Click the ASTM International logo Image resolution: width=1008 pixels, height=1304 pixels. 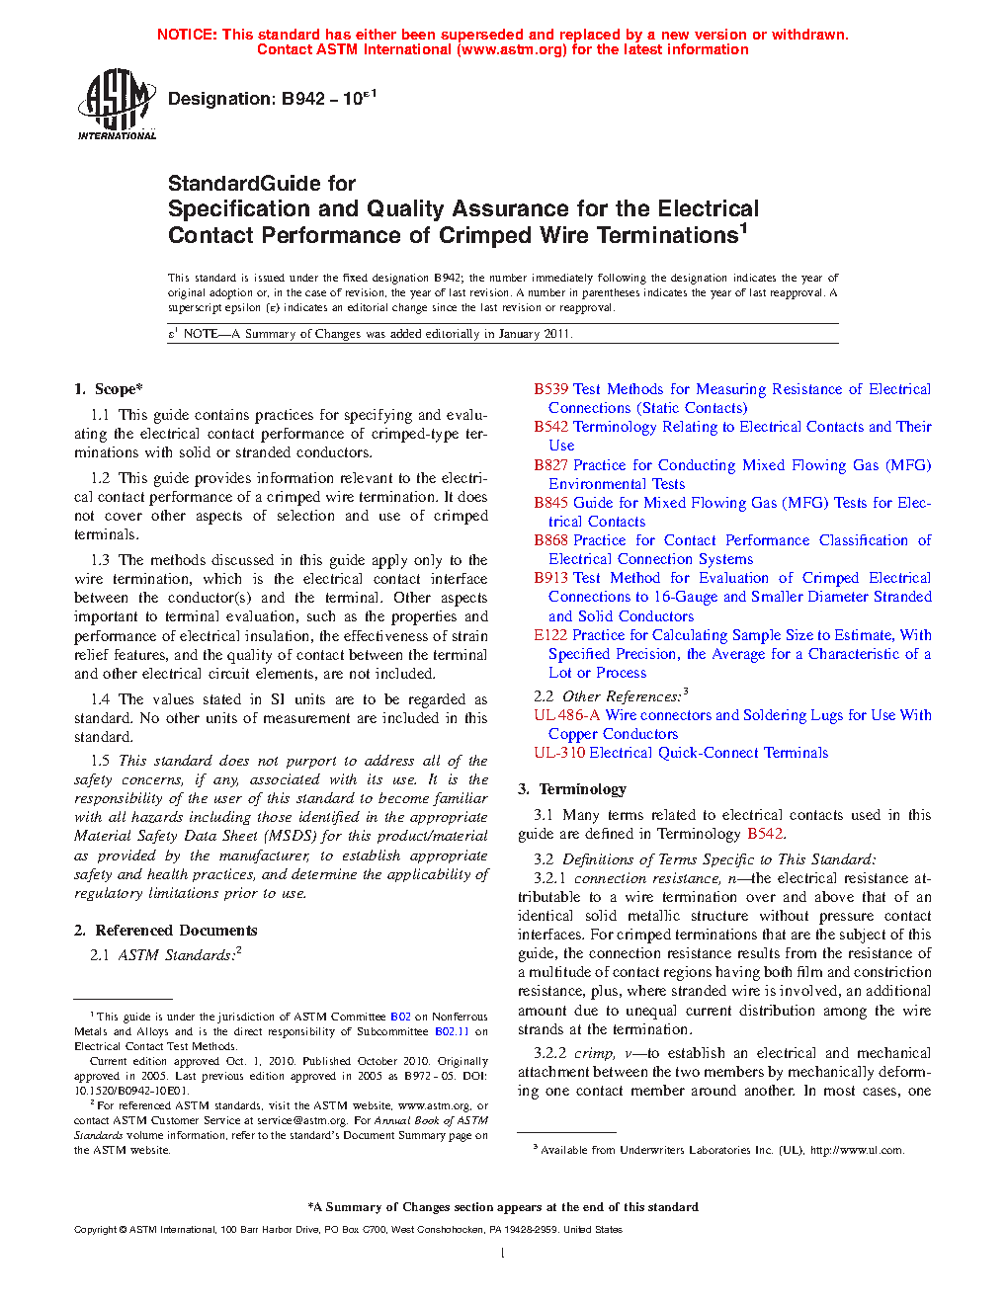click(x=117, y=103)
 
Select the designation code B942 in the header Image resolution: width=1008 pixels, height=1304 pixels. click(x=303, y=99)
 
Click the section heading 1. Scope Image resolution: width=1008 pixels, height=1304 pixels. click(x=109, y=389)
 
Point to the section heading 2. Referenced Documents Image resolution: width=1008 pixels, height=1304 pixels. click(x=166, y=931)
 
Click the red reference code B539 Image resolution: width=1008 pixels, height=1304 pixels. click(x=550, y=389)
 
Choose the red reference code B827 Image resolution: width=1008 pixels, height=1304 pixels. click(x=550, y=465)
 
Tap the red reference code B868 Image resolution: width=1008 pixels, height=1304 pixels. click(x=550, y=540)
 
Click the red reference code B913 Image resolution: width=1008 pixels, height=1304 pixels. click(x=550, y=578)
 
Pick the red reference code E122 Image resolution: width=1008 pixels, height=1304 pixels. click(x=550, y=635)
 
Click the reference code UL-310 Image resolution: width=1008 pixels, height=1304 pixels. click(x=558, y=753)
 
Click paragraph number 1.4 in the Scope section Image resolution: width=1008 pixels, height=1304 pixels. click(x=100, y=699)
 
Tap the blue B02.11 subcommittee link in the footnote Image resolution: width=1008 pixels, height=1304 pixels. click(x=452, y=1031)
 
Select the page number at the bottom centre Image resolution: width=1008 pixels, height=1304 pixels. click(x=503, y=1254)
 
